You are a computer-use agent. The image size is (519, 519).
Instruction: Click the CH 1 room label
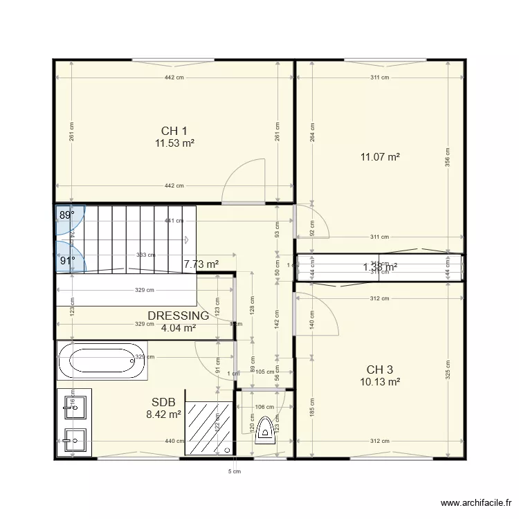click(x=174, y=131)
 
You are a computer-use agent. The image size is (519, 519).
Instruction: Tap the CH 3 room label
click(x=380, y=369)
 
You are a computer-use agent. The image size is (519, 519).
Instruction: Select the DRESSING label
click(x=178, y=316)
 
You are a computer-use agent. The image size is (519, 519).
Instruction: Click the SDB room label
click(x=163, y=402)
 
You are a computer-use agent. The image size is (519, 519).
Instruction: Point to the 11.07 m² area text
click(x=380, y=157)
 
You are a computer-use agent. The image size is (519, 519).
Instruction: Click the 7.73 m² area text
click(x=201, y=264)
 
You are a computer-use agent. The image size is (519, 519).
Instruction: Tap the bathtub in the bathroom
click(x=102, y=361)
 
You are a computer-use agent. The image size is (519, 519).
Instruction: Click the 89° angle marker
click(x=66, y=215)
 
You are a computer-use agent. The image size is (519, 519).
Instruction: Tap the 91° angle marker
click(x=66, y=261)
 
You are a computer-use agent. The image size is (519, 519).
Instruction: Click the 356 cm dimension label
click(x=448, y=158)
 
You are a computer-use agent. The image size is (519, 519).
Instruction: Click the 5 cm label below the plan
click(x=235, y=472)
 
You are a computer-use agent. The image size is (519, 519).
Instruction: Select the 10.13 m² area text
click(x=380, y=381)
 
